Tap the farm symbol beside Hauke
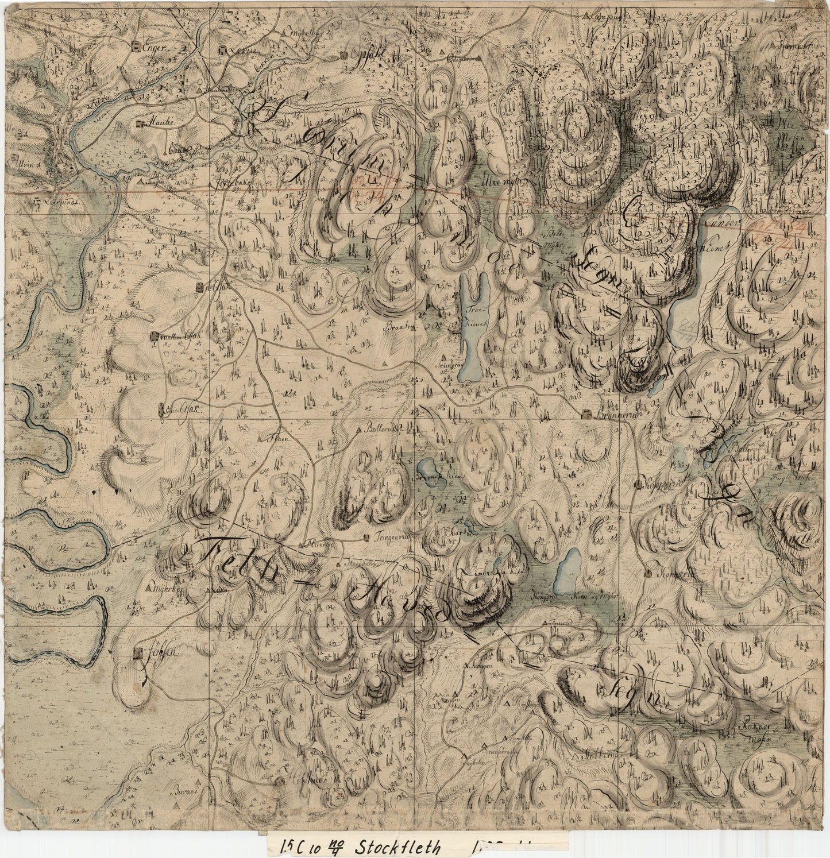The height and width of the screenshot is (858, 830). pos(140,123)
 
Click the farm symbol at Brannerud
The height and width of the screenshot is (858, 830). pos(585,415)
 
